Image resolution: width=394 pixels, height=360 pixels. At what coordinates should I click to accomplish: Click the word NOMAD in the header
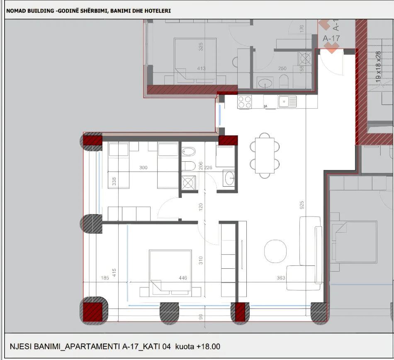point(17,10)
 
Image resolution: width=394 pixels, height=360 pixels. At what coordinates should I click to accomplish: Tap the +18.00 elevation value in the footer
point(207,346)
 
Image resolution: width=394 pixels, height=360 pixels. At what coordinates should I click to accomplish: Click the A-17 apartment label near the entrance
point(331,39)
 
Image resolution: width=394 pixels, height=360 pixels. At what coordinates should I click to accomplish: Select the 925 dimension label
point(302,205)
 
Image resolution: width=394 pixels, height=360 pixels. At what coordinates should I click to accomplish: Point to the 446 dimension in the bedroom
point(182,278)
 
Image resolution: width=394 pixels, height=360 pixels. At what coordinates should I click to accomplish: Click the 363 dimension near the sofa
point(281,278)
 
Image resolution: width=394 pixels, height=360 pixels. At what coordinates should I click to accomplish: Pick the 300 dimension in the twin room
point(143,168)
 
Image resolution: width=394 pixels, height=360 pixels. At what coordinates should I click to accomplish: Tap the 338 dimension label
point(114,181)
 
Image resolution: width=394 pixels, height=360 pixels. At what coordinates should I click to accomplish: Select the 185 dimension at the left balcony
point(105,278)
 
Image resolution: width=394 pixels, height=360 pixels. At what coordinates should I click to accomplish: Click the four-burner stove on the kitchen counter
point(245,102)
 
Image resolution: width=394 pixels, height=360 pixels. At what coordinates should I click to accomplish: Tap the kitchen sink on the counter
point(287,101)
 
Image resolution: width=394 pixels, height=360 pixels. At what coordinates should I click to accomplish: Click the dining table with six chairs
point(264,156)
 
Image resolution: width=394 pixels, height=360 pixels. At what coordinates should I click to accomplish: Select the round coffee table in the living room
point(275,251)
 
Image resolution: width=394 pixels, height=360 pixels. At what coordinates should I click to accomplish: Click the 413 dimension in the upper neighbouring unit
point(201,69)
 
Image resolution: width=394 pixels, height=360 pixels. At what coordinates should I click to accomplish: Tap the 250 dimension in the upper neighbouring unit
point(282,69)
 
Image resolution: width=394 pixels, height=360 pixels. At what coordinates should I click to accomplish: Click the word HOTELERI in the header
point(158,10)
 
